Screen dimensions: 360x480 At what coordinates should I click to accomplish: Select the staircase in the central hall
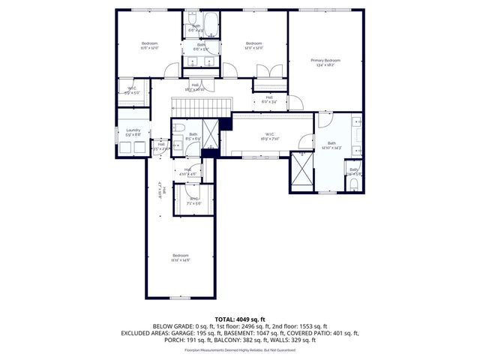tap(199, 106)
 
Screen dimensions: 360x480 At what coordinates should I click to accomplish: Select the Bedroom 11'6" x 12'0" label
tap(150, 46)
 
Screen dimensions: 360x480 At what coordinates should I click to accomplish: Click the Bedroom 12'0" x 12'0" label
tap(253, 46)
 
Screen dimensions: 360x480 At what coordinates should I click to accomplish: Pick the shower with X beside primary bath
tap(302, 170)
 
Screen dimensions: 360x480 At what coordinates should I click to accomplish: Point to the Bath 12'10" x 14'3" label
tap(331, 145)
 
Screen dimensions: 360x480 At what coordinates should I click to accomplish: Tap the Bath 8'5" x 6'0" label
tap(193, 137)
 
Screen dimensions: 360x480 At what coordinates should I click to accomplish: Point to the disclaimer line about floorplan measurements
tap(240, 350)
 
